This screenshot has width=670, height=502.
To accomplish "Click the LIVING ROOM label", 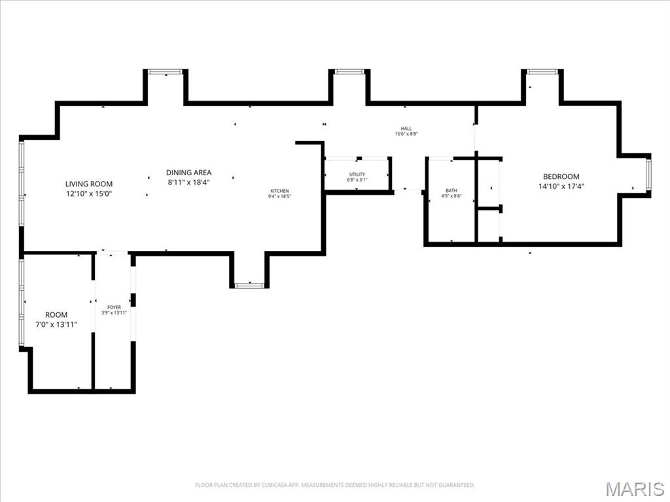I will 89,184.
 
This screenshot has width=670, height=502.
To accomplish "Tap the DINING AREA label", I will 188,173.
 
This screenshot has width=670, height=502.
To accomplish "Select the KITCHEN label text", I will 279,191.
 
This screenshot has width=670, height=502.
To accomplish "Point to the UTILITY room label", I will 357,174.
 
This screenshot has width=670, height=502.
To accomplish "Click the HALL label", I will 406,128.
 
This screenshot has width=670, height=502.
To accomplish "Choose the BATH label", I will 451,190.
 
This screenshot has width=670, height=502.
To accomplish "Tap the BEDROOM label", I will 561,176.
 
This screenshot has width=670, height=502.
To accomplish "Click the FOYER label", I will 114,307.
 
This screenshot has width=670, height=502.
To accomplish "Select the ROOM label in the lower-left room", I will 56,314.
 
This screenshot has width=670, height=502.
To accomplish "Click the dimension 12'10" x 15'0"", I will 89,193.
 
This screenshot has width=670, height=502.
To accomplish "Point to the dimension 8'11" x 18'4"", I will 188,182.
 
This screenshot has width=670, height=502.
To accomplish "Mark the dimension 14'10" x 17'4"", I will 561,186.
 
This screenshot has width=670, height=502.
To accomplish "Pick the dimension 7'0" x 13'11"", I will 56,324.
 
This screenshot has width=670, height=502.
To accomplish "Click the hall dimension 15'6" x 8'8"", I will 406,134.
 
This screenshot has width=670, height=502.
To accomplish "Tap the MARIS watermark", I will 635,489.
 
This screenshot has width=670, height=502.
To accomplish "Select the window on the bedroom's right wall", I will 648,175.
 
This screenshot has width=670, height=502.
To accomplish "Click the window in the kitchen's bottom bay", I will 249,286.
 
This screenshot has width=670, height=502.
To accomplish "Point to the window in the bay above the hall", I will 349,71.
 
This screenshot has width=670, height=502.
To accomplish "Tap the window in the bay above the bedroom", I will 542,71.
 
